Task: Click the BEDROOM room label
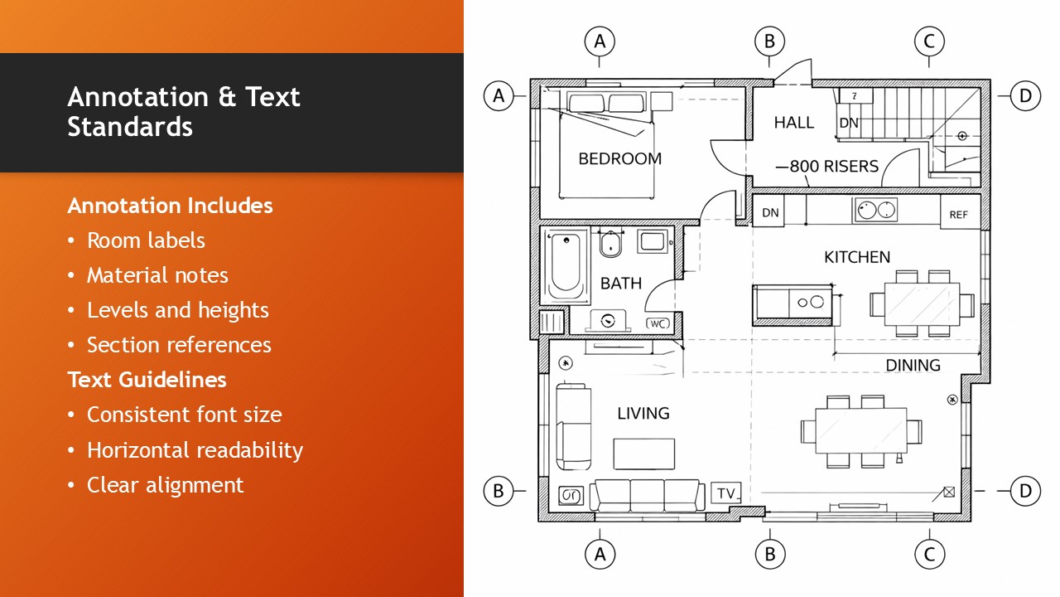[620, 158]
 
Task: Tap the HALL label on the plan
[794, 123]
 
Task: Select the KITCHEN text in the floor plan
[857, 257]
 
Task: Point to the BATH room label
[621, 284]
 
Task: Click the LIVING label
[643, 413]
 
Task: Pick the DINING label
[913, 366]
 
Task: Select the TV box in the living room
[726, 493]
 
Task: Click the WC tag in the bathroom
[658, 323]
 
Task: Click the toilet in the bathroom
[610, 244]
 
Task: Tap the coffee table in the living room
[644, 454]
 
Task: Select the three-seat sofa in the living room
[648, 495]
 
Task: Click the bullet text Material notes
[157, 275]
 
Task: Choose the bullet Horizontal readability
[195, 450]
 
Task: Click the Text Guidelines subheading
[147, 380]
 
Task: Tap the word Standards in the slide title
[130, 127]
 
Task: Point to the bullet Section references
[179, 345]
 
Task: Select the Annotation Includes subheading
[171, 206]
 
